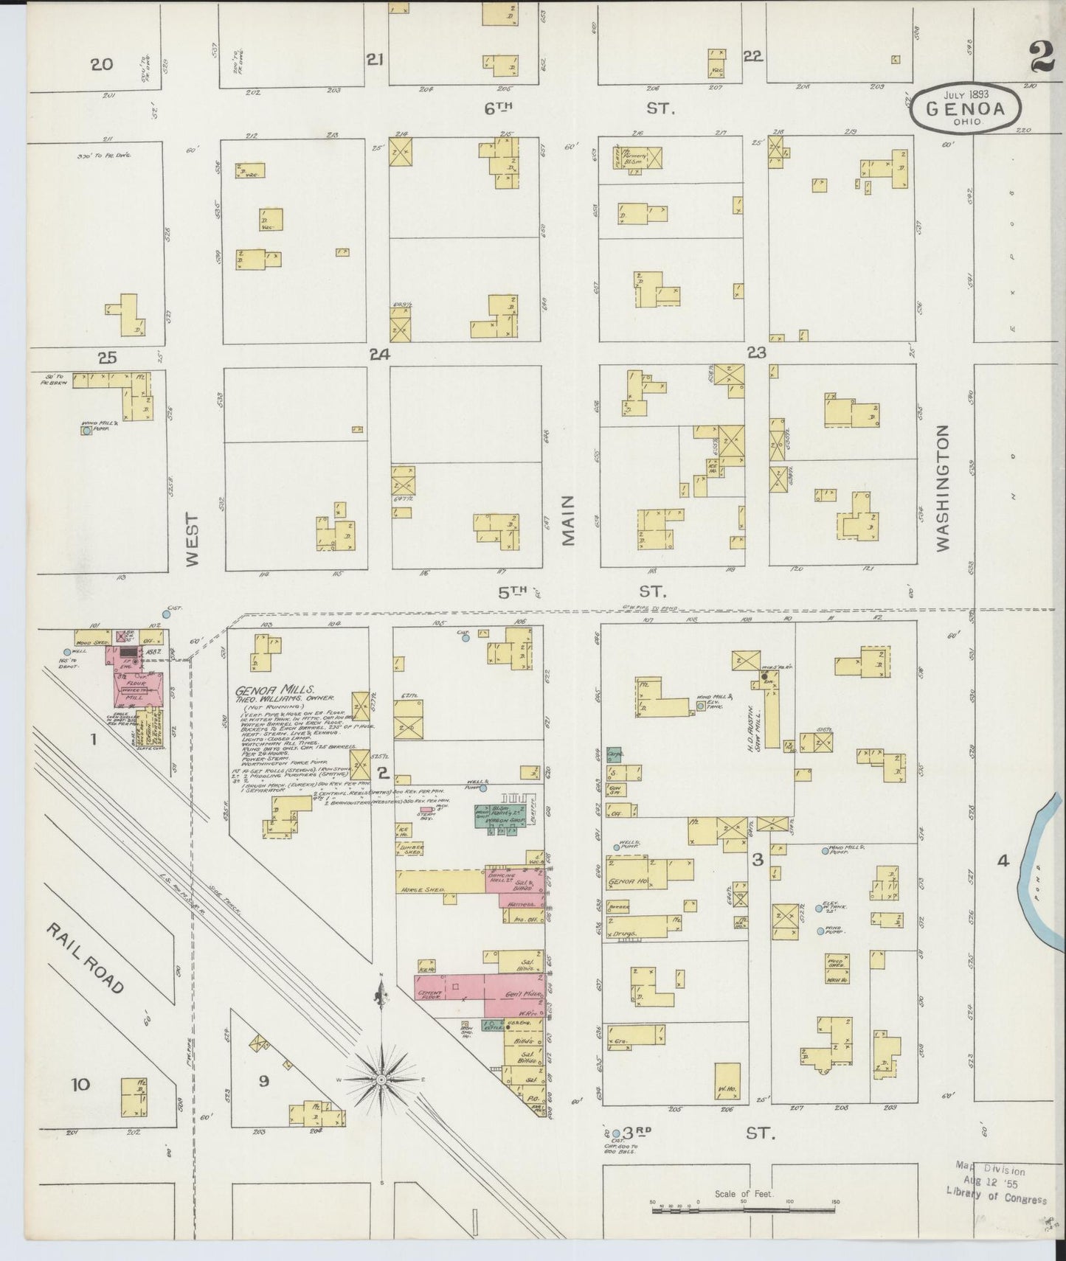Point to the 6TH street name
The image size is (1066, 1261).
click(x=498, y=108)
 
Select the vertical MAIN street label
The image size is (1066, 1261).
click(x=568, y=509)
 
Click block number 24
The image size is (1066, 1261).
click(x=379, y=355)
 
